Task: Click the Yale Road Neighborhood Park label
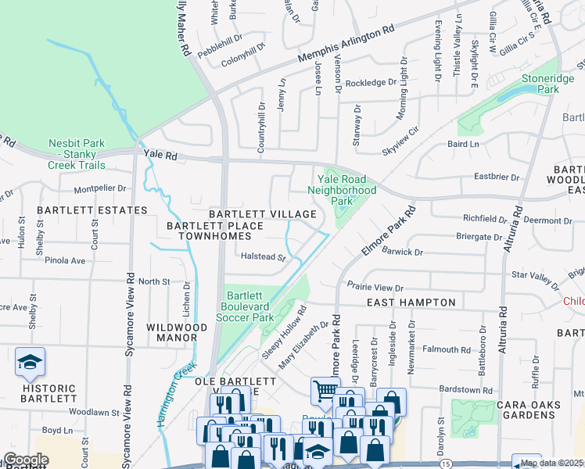pyautogui.click(x=342, y=190)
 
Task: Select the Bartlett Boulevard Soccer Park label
pyautogui.click(x=249, y=307)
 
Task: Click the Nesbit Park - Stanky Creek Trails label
pyautogui.click(x=76, y=154)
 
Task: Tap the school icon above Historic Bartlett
pyautogui.click(x=30, y=362)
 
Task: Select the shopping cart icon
pyautogui.click(x=325, y=390)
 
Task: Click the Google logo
pyautogui.click(x=25, y=460)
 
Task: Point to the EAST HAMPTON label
pyautogui.click(x=411, y=303)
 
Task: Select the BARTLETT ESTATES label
pyautogui.click(x=91, y=210)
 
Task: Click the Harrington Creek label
pyautogui.click(x=176, y=398)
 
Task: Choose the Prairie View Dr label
pyautogui.click(x=375, y=288)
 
